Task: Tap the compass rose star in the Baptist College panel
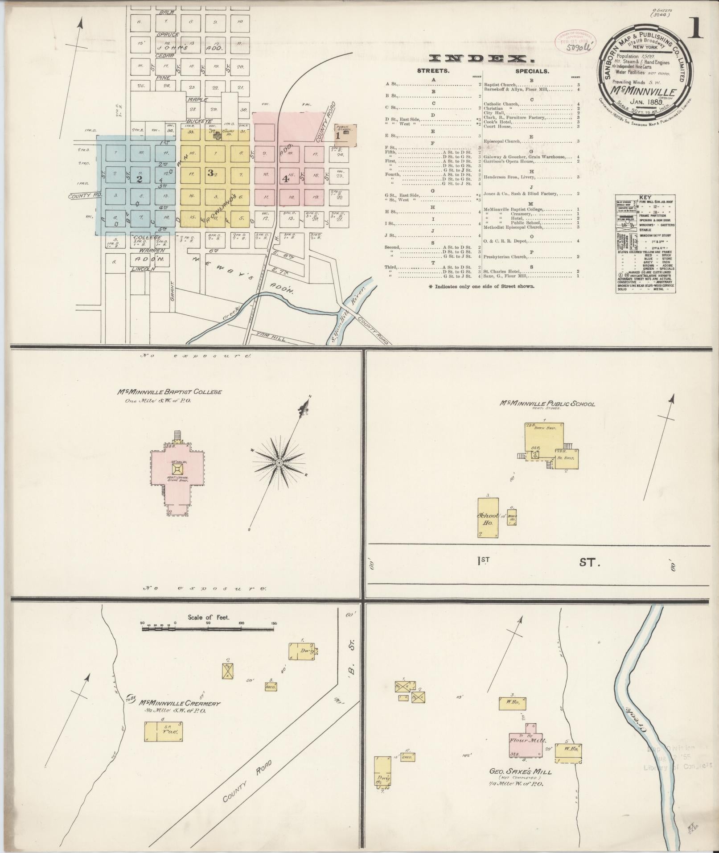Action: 279,463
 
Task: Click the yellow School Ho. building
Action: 488,517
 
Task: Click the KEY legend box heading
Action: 645,197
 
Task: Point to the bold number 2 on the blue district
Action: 140,179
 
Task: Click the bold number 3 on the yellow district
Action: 210,173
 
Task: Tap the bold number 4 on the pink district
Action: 285,179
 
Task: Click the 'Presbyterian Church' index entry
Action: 506,257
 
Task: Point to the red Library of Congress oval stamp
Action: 575,41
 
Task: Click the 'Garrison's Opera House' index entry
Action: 508,161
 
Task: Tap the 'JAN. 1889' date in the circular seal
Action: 648,102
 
